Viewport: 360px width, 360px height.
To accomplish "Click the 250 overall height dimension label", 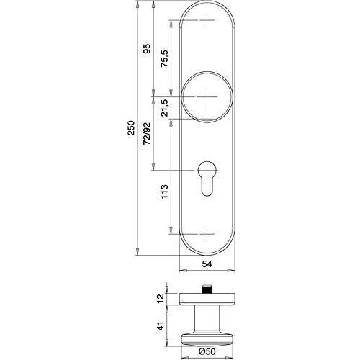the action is coord(131,128).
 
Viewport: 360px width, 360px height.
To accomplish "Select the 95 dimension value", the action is coord(147,49).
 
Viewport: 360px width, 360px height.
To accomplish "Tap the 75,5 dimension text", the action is coord(165,58).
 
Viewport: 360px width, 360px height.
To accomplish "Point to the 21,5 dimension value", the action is coord(165,108).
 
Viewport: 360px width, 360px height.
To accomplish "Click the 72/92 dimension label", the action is coord(147,134).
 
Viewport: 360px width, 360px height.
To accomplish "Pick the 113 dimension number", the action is coord(165,192).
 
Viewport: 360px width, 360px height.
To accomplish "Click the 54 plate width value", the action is coord(207,264).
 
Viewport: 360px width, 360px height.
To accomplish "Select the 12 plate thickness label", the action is coord(161,298).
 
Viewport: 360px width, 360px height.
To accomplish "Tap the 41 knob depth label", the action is coord(161,326).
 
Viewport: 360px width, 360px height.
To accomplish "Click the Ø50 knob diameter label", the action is coord(207,351).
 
